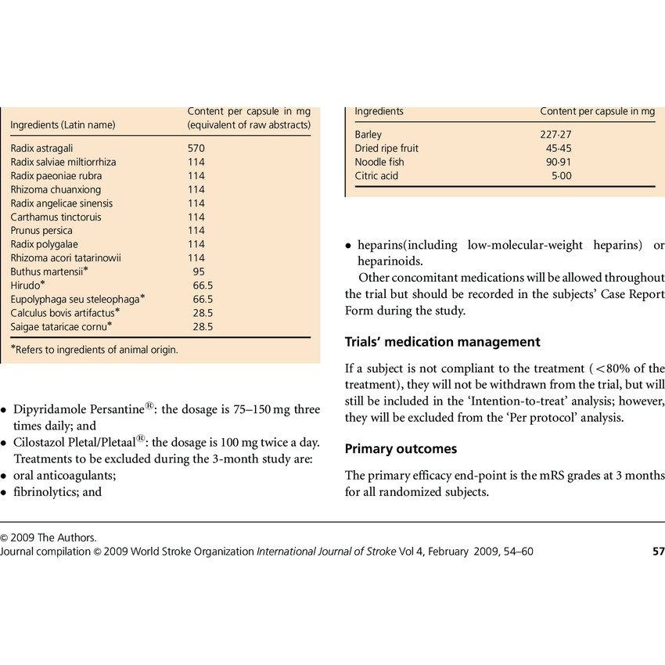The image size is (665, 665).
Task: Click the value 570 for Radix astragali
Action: pyautogui.click(x=196, y=148)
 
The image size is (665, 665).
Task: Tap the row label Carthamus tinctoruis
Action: pyautogui.click(x=56, y=217)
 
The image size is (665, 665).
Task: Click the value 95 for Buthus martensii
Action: pyautogui.click(x=199, y=271)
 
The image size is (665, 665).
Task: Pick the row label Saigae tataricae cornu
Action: pyautogui.click(x=61, y=326)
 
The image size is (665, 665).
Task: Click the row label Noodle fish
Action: pyautogui.click(x=379, y=162)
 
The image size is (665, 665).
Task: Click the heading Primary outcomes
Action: pyautogui.click(x=401, y=449)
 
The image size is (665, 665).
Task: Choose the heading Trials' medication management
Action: pyautogui.click(x=442, y=342)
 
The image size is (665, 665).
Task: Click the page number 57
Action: pyautogui.click(x=658, y=552)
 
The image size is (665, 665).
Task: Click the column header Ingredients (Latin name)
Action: pyautogui.click(x=63, y=124)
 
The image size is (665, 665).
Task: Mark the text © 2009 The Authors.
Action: pyautogui.click(x=49, y=537)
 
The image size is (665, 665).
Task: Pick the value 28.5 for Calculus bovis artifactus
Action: pyautogui.click(x=203, y=313)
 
